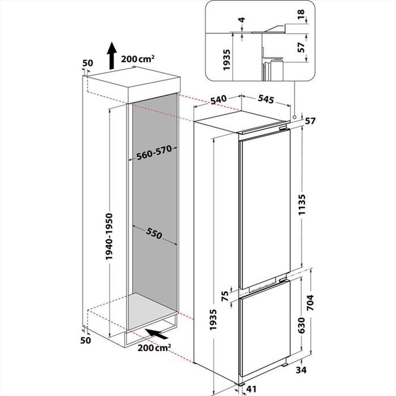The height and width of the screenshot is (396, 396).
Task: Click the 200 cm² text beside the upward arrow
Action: pyautogui.click(x=137, y=59)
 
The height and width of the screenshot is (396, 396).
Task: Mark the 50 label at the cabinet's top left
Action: pyautogui.click(x=87, y=63)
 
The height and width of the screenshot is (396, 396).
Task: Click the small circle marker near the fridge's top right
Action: pyautogui.click(x=295, y=117)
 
